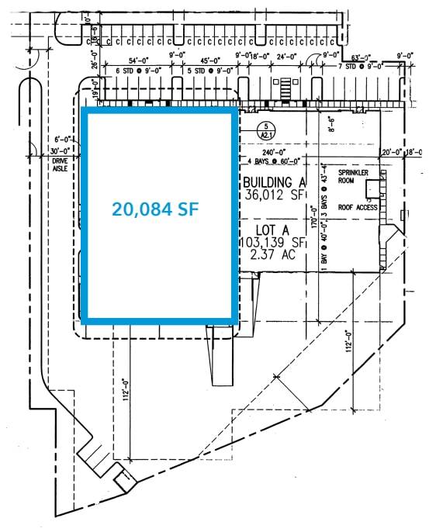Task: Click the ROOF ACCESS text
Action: (358, 207)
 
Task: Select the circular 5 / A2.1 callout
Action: (265, 129)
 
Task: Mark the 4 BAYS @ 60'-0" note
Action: (272, 162)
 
